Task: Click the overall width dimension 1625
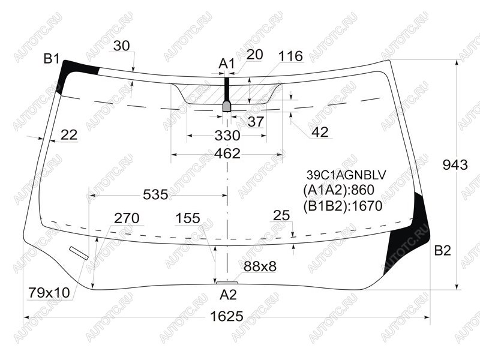click(227, 316)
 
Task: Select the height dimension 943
click(455, 165)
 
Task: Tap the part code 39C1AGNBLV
click(346, 175)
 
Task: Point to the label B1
click(52, 58)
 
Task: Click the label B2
click(443, 251)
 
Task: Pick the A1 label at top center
click(226, 64)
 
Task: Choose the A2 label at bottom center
click(228, 295)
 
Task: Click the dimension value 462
click(227, 154)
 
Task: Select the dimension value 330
click(227, 136)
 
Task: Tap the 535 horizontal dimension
click(155, 194)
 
